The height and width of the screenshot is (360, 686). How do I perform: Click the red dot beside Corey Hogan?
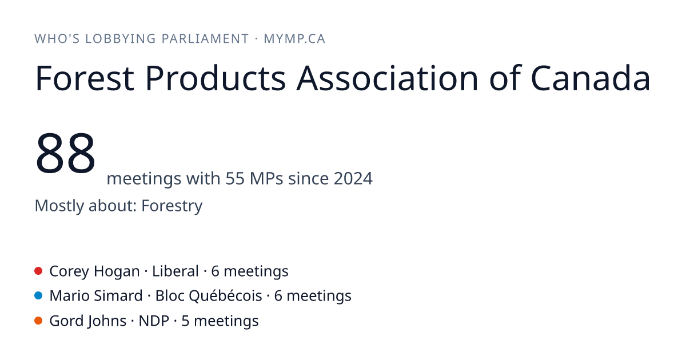click(x=38, y=271)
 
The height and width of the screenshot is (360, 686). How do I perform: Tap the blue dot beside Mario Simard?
click(x=38, y=296)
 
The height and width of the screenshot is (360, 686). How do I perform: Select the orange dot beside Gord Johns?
click(x=38, y=321)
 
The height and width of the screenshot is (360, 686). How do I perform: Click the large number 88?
click(x=65, y=153)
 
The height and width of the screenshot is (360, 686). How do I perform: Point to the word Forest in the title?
click(x=85, y=78)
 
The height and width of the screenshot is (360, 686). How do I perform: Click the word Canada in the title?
click(x=590, y=78)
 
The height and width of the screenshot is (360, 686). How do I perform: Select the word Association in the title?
click(x=387, y=78)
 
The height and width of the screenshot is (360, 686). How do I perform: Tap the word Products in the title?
click(x=216, y=78)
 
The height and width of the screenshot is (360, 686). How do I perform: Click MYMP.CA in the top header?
click(x=294, y=39)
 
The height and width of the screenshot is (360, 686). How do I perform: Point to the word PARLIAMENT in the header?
click(x=205, y=39)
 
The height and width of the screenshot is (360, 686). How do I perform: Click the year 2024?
click(x=353, y=178)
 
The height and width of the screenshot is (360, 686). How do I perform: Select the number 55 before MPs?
click(x=235, y=178)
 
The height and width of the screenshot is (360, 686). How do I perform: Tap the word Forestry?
click(x=172, y=206)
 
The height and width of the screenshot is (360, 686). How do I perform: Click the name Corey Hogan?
click(x=95, y=271)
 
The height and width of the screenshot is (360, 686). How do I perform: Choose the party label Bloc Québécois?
click(x=209, y=296)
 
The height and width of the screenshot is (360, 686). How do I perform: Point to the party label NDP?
click(x=154, y=321)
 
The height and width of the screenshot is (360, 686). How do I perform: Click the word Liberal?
click(x=176, y=271)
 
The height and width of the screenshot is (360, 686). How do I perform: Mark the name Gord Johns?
click(x=88, y=321)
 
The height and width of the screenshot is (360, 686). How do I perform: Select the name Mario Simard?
click(x=96, y=296)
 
